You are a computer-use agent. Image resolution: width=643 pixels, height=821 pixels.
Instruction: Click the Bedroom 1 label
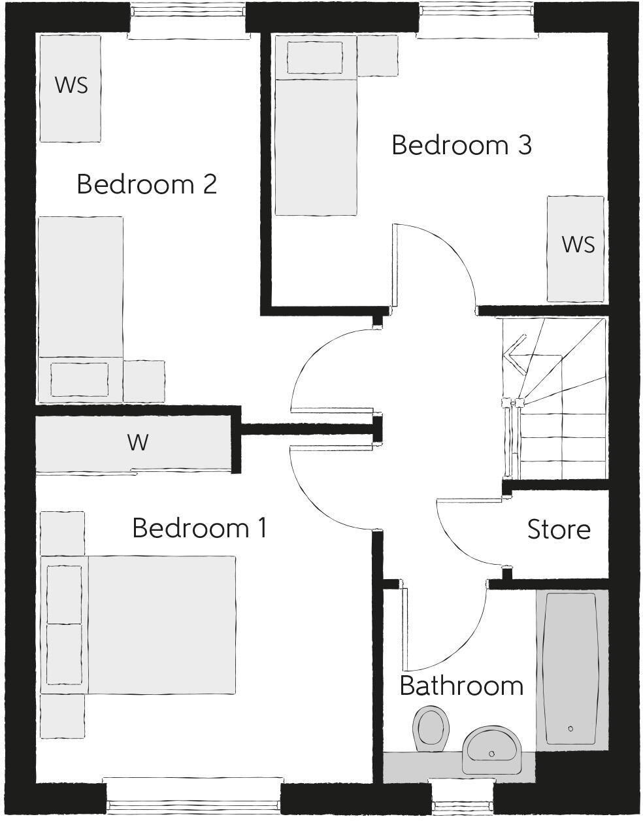coord(199,528)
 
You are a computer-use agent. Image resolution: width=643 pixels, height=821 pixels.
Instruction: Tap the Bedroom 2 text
coord(146,184)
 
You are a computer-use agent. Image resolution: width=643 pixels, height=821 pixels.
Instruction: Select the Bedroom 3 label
coord(461,145)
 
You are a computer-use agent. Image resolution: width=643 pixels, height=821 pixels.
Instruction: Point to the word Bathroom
coord(461,686)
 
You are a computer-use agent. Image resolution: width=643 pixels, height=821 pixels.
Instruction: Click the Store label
coord(559,529)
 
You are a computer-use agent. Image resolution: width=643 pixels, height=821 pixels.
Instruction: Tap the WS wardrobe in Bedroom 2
coord(71,86)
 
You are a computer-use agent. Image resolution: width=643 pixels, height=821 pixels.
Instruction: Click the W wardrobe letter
coord(138,443)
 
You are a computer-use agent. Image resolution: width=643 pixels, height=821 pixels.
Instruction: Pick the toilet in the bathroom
coord(431,726)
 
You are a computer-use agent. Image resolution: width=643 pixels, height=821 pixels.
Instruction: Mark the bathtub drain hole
coord(571,728)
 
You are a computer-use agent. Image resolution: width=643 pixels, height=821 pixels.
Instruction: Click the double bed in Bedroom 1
coord(160,624)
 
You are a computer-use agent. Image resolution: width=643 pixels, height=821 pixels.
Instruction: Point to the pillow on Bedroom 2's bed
coord(80,379)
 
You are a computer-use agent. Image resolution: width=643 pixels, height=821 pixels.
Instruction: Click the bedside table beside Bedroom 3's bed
coord(378,56)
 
